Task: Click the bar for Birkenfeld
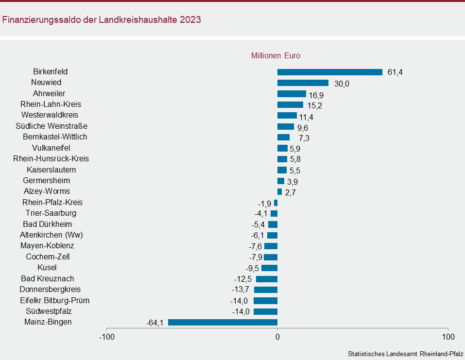click(x=330, y=72)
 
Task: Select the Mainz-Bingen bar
click(x=223, y=322)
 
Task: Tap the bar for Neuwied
click(x=303, y=83)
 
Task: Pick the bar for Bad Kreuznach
click(x=267, y=279)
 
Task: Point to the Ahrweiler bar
click(x=292, y=94)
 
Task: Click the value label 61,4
click(x=395, y=72)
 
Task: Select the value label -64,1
click(x=155, y=323)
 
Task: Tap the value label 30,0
click(x=342, y=84)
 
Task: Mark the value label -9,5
click(x=252, y=268)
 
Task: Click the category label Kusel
click(x=47, y=268)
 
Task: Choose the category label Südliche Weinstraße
click(x=52, y=126)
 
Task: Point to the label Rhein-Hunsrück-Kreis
click(x=51, y=159)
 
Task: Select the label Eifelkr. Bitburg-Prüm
click(x=55, y=301)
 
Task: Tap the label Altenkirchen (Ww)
click(x=52, y=235)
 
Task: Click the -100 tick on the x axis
click(x=106, y=337)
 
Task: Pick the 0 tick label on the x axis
click(x=277, y=337)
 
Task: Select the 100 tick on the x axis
click(x=448, y=337)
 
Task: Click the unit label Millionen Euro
click(x=276, y=56)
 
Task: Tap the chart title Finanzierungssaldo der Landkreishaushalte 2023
click(x=102, y=20)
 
